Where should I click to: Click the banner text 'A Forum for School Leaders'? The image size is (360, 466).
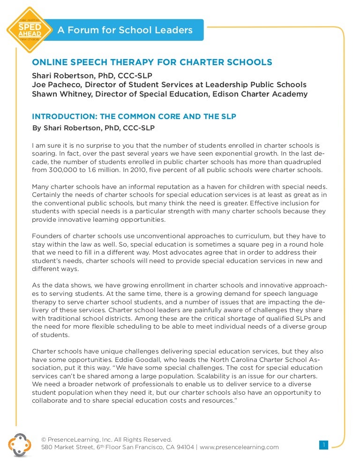tap(125, 30)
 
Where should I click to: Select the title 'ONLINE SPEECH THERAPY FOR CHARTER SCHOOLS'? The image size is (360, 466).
tap(152, 62)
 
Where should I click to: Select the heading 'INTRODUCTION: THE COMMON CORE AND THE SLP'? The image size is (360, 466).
tap(134, 116)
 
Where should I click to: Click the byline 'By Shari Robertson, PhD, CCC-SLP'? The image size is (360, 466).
tap(93, 128)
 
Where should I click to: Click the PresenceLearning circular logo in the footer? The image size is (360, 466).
tap(19, 444)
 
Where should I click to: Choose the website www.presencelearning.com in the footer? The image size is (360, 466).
tap(239, 447)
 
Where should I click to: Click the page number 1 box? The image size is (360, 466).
tap(323, 444)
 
